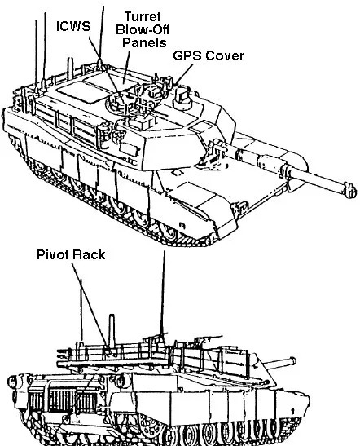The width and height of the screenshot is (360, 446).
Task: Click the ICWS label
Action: coord(73,26)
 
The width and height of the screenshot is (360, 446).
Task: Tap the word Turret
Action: coord(143,16)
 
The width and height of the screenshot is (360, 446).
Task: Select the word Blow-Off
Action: coord(143,29)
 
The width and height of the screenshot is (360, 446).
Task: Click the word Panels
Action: coord(144,42)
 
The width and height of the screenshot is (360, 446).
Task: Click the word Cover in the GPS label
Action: coord(225,55)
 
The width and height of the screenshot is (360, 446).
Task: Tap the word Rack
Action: coord(88,254)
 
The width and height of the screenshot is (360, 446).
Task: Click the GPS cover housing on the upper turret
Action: coord(182,98)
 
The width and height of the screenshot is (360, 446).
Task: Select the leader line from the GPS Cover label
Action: coord(184,74)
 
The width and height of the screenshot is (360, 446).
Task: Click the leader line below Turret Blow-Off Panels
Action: coord(126,67)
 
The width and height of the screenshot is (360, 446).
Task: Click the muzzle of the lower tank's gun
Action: coord(292,360)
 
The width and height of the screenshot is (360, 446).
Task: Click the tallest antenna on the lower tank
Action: coord(163,293)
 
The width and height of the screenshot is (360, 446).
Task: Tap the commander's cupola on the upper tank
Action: coord(118,103)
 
